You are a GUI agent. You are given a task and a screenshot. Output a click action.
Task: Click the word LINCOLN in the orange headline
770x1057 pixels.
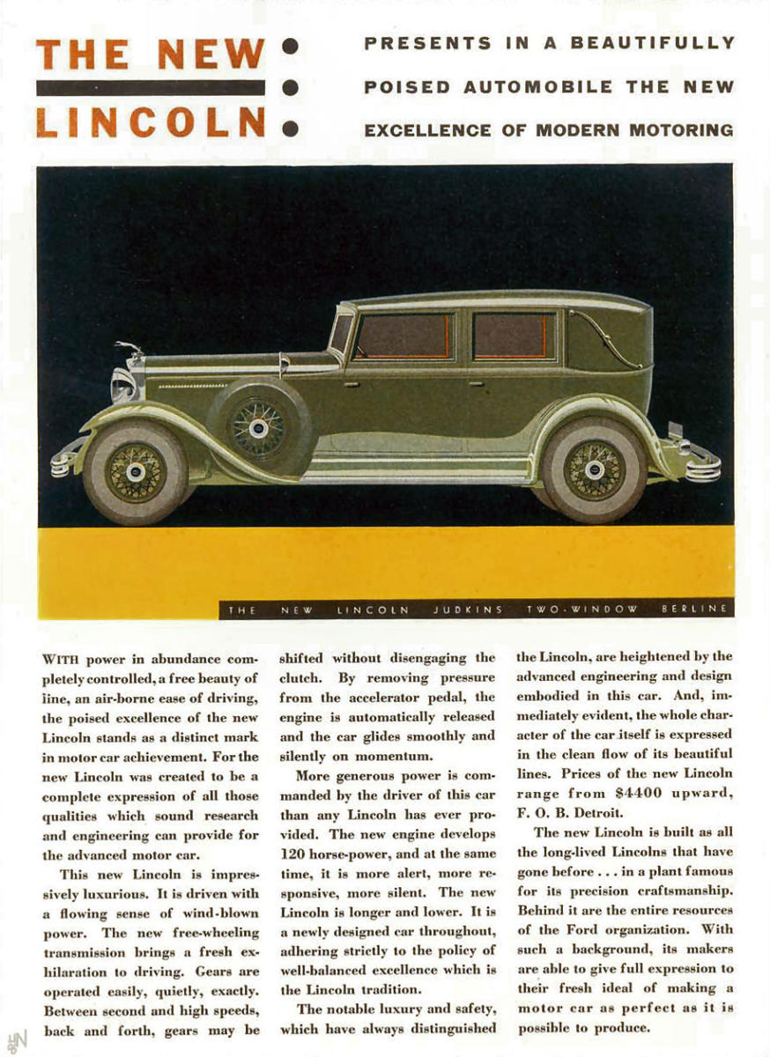click(151, 122)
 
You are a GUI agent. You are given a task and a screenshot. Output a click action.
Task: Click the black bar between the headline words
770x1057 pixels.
click(151, 87)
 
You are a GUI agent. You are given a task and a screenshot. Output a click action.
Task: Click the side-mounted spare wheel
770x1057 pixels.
click(259, 427)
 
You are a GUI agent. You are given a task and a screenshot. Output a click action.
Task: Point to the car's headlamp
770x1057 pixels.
click(123, 385)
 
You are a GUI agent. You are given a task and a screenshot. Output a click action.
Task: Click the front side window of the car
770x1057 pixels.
click(404, 337)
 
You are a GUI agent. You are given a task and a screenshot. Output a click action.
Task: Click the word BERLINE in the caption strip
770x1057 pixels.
click(696, 609)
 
